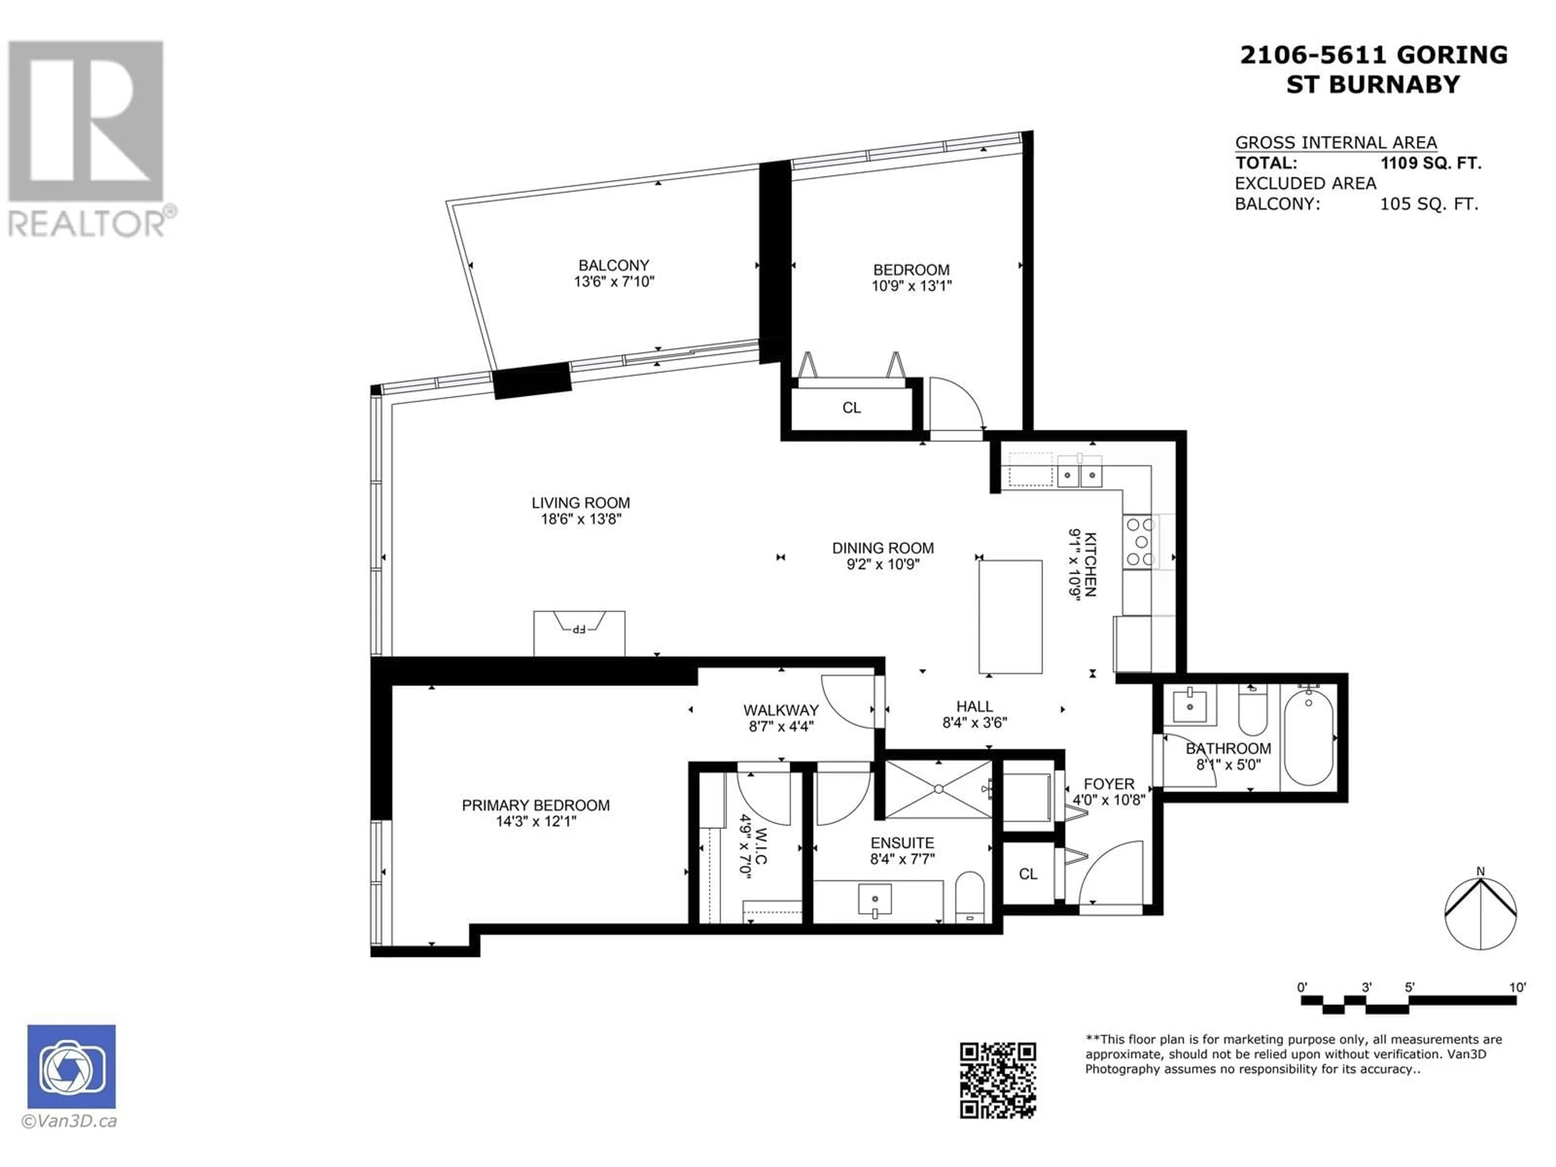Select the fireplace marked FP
pyautogui.click(x=579, y=633)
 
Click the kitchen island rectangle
pyautogui.click(x=1010, y=616)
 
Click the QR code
pyautogui.click(x=998, y=1080)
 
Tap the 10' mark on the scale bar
pyautogui.click(x=1518, y=987)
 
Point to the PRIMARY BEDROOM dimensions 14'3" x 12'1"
pyautogui.click(x=536, y=821)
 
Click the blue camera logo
pyautogui.click(x=72, y=1067)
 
